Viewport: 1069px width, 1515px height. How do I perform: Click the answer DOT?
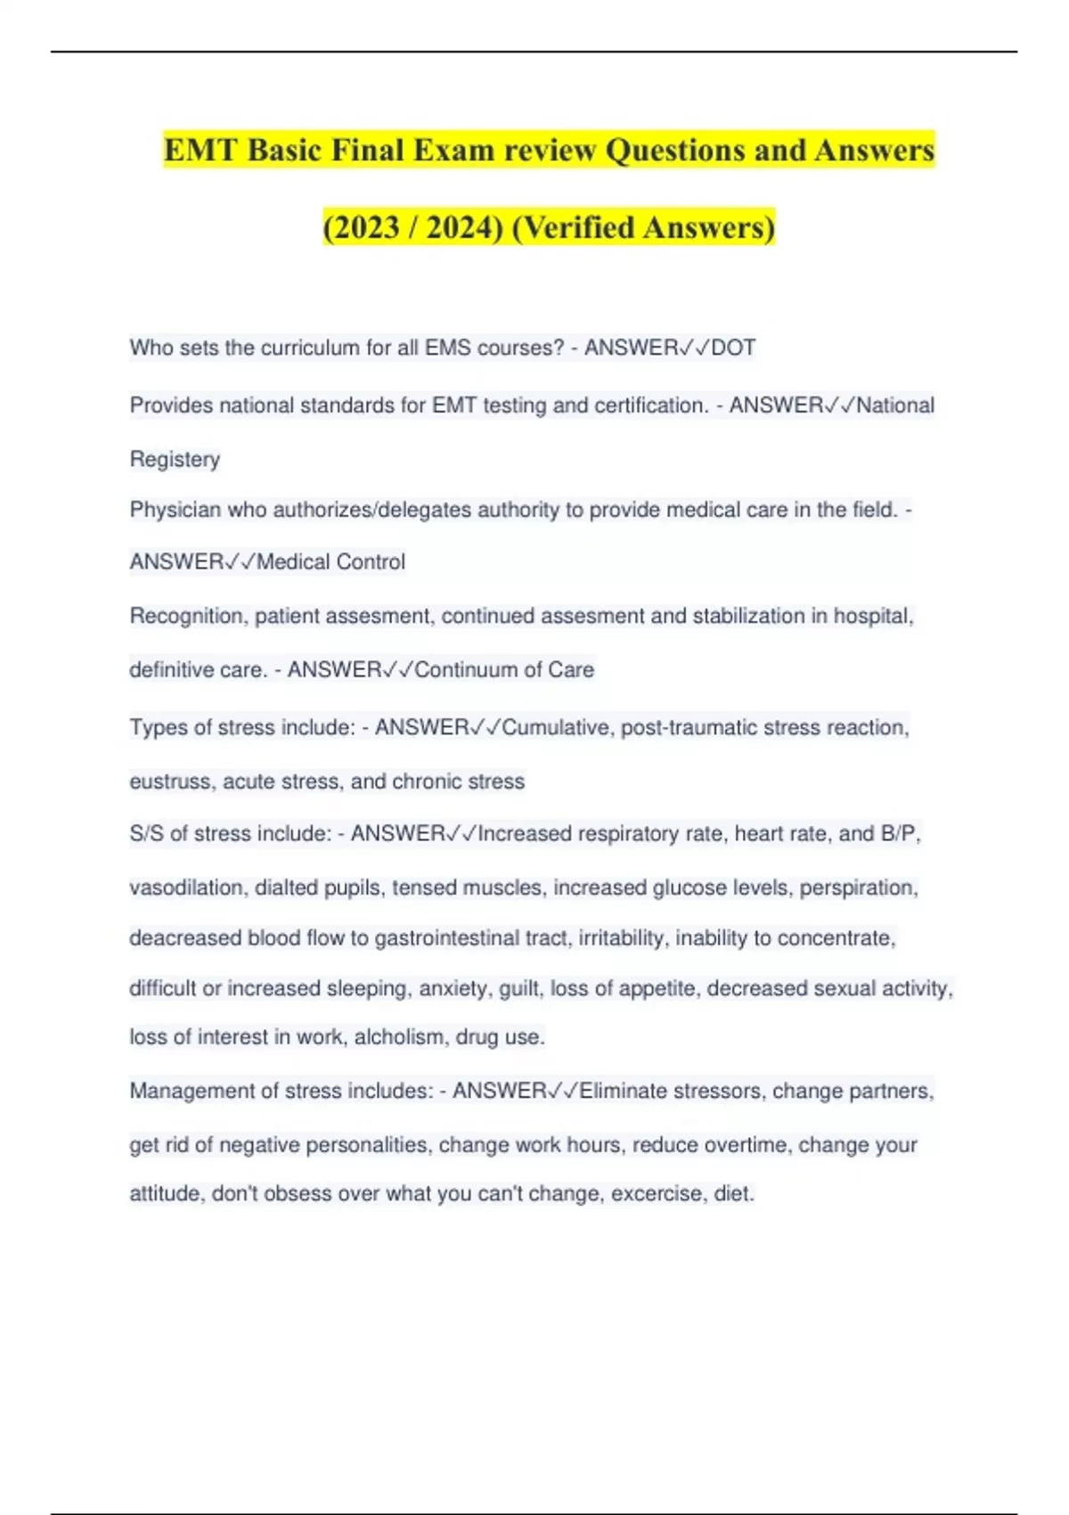tap(733, 348)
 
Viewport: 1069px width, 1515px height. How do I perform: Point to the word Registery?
tap(175, 459)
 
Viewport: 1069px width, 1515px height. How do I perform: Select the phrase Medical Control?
tap(330, 562)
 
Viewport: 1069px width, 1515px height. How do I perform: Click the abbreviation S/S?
tap(146, 833)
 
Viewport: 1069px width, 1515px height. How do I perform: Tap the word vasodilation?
tap(186, 888)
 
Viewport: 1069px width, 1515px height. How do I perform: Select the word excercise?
tap(657, 1193)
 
